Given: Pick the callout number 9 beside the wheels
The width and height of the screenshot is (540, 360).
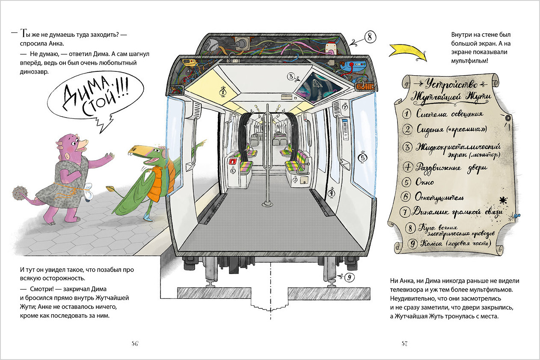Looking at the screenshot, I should point(349,277).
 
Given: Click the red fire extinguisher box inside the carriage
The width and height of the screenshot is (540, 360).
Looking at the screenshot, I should point(233,162).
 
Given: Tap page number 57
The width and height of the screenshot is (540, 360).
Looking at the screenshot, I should point(405,344).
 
